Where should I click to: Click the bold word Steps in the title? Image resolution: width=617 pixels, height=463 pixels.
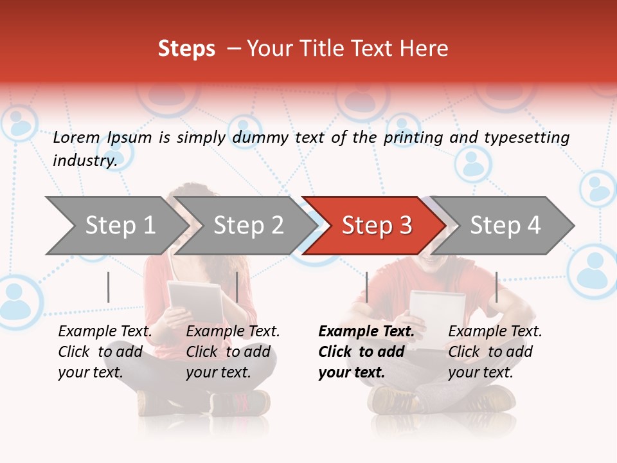[186, 49]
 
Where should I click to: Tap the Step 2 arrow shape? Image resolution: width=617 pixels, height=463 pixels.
[247, 226]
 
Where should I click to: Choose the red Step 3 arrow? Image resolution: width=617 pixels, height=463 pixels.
[376, 226]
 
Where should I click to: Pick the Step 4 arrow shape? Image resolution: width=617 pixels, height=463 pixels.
[505, 226]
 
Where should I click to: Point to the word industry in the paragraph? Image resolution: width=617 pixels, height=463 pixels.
[84, 161]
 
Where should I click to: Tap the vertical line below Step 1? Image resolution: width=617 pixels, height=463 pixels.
[109, 287]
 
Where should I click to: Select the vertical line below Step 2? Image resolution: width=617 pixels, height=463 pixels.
[237, 287]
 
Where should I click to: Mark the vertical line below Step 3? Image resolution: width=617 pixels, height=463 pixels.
[366, 287]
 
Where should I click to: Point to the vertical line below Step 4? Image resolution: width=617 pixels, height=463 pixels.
[496, 287]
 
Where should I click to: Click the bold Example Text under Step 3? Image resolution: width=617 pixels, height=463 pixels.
[366, 332]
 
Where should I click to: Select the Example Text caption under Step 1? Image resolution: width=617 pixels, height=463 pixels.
[105, 332]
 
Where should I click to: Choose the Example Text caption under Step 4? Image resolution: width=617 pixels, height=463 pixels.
[495, 332]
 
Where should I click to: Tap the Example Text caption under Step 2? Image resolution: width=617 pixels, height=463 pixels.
[233, 332]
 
